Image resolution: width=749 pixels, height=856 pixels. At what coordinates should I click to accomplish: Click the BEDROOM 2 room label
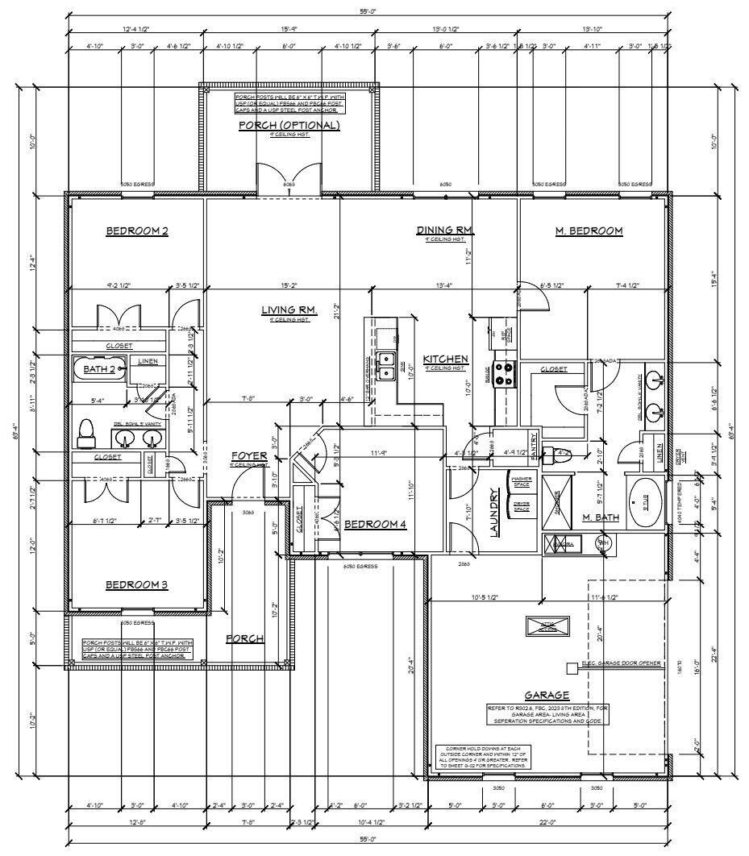point(137,231)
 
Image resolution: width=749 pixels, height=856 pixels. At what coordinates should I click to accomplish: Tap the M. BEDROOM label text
point(589,231)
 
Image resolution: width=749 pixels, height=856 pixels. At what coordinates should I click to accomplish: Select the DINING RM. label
point(445,231)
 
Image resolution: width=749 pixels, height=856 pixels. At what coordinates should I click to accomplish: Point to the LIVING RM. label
point(289,310)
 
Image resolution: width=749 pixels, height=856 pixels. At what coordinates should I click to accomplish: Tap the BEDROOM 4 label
point(375,525)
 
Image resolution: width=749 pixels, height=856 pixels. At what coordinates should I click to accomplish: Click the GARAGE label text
point(547,695)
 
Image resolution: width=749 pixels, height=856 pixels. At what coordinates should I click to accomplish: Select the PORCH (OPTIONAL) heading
point(289,126)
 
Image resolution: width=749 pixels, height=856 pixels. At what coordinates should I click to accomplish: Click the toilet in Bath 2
point(85,434)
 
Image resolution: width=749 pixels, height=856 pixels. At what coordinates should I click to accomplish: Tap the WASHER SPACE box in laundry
point(522,482)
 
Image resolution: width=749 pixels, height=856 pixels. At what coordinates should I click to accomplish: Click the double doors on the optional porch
point(289,177)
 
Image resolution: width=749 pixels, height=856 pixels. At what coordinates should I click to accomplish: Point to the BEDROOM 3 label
point(137,584)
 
